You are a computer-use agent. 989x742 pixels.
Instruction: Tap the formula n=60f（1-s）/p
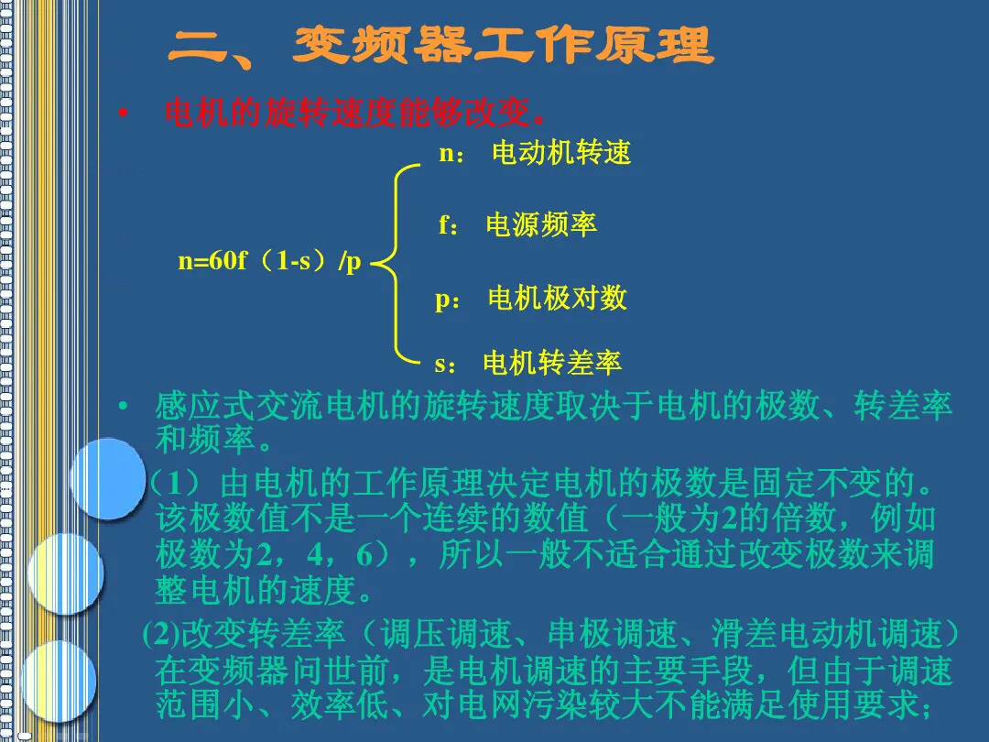pos(269,260)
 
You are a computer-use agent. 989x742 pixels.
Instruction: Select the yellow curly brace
pos(396,265)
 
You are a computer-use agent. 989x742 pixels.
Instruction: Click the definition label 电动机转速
pos(561,152)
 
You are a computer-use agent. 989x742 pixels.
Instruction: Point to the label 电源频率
pos(541,224)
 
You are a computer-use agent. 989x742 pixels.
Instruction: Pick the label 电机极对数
pos(558,297)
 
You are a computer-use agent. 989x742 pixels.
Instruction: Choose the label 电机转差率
pos(552,362)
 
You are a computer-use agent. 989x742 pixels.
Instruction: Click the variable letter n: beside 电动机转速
pos(451,154)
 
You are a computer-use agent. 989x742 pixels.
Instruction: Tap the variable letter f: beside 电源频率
pos(448,224)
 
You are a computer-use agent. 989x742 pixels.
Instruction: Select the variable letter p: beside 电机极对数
pos(447,300)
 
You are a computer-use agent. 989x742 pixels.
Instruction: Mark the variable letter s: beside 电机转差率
pos(445,364)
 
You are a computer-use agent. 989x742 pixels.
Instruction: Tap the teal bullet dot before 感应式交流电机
pos(123,405)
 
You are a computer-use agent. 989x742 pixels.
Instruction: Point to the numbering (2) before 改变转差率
pos(161,634)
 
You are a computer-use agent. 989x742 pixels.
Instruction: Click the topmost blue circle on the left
pos(108,479)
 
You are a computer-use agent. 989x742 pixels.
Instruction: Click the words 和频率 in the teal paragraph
pos(205,439)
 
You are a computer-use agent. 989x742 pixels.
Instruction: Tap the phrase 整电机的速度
pos(255,590)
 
